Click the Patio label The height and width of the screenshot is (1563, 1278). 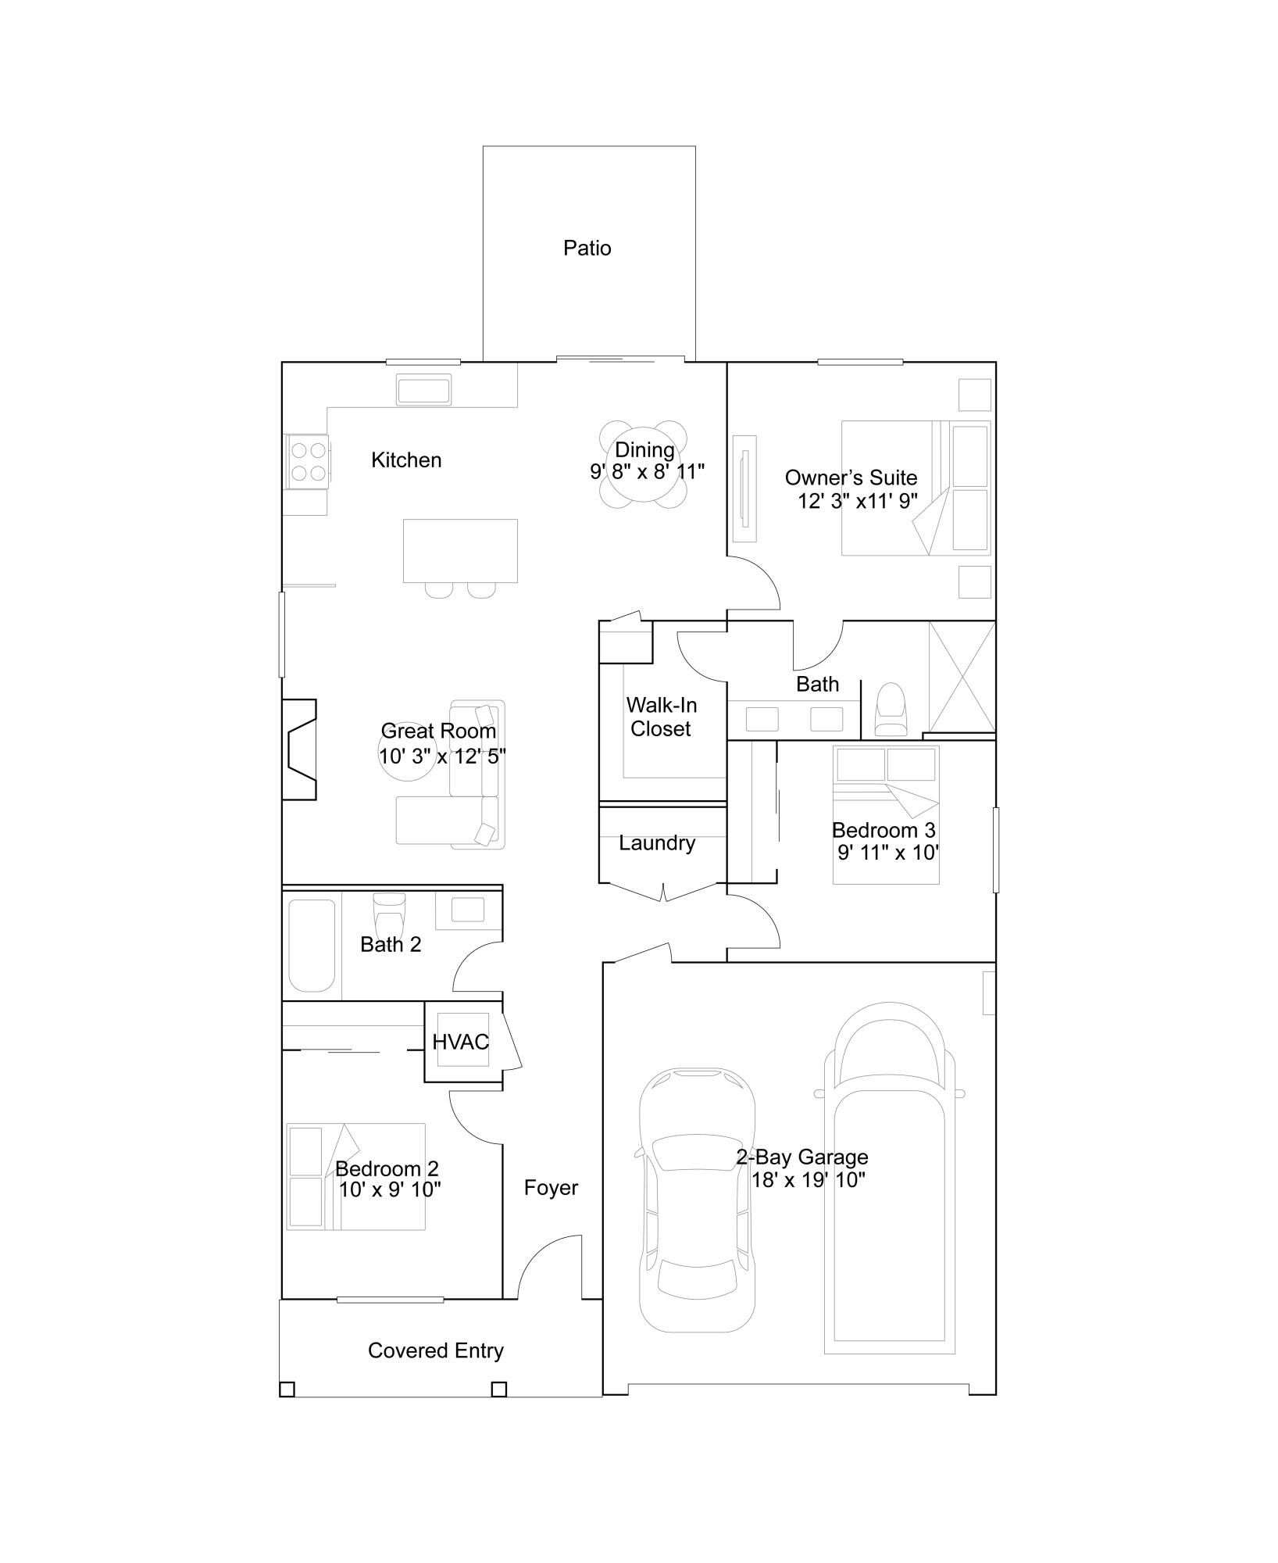[x=587, y=249]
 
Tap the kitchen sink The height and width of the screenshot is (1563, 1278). [x=423, y=390]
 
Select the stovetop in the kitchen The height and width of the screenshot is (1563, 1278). [x=308, y=462]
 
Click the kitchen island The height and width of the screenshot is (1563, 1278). [x=460, y=550]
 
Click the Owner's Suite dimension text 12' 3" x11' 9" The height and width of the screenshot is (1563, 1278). [x=857, y=501]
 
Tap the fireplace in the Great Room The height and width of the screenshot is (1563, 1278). [x=300, y=749]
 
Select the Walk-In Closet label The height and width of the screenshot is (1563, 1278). [x=661, y=717]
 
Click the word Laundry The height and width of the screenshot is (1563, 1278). [x=656, y=843]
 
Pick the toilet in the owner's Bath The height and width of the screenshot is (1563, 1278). [x=891, y=709]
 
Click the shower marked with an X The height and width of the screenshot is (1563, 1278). [x=962, y=677]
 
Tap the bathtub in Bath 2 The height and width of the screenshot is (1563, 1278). [x=312, y=945]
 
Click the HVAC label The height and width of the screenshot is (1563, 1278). [x=460, y=1042]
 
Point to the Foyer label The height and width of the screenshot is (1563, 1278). [x=551, y=1188]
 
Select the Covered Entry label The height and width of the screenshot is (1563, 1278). [x=435, y=1350]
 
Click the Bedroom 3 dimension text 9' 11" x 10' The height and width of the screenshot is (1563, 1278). [x=888, y=853]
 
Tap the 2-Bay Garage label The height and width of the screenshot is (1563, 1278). [x=802, y=1157]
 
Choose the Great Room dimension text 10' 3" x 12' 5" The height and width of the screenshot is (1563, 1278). [x=442, y=756]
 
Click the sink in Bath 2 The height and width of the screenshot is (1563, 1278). [x=468, y=910]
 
